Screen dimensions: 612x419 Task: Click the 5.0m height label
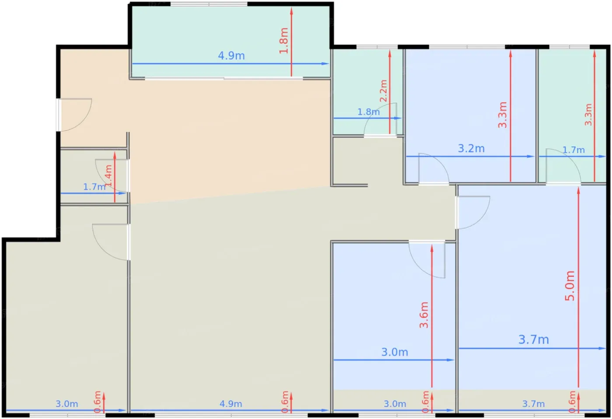(570, 286)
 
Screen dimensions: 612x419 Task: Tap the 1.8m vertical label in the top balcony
(284, 41)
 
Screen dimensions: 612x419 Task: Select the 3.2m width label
(471, 149)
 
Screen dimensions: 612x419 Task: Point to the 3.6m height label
(424, 315)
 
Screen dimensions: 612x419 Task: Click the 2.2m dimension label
(383, 91)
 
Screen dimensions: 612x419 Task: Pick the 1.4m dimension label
(108, 176)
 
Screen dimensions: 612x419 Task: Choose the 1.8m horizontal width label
(369, 112)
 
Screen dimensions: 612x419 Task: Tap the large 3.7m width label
(534, 340)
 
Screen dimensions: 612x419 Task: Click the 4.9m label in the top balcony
(231, 56)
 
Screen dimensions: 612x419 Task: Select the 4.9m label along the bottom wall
(231, 404)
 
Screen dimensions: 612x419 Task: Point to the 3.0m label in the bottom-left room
(66, 404)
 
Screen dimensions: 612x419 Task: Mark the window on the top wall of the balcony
(209, 4)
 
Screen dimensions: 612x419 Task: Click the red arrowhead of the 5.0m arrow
(578, 190)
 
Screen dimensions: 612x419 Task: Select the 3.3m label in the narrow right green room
(588, 115)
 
